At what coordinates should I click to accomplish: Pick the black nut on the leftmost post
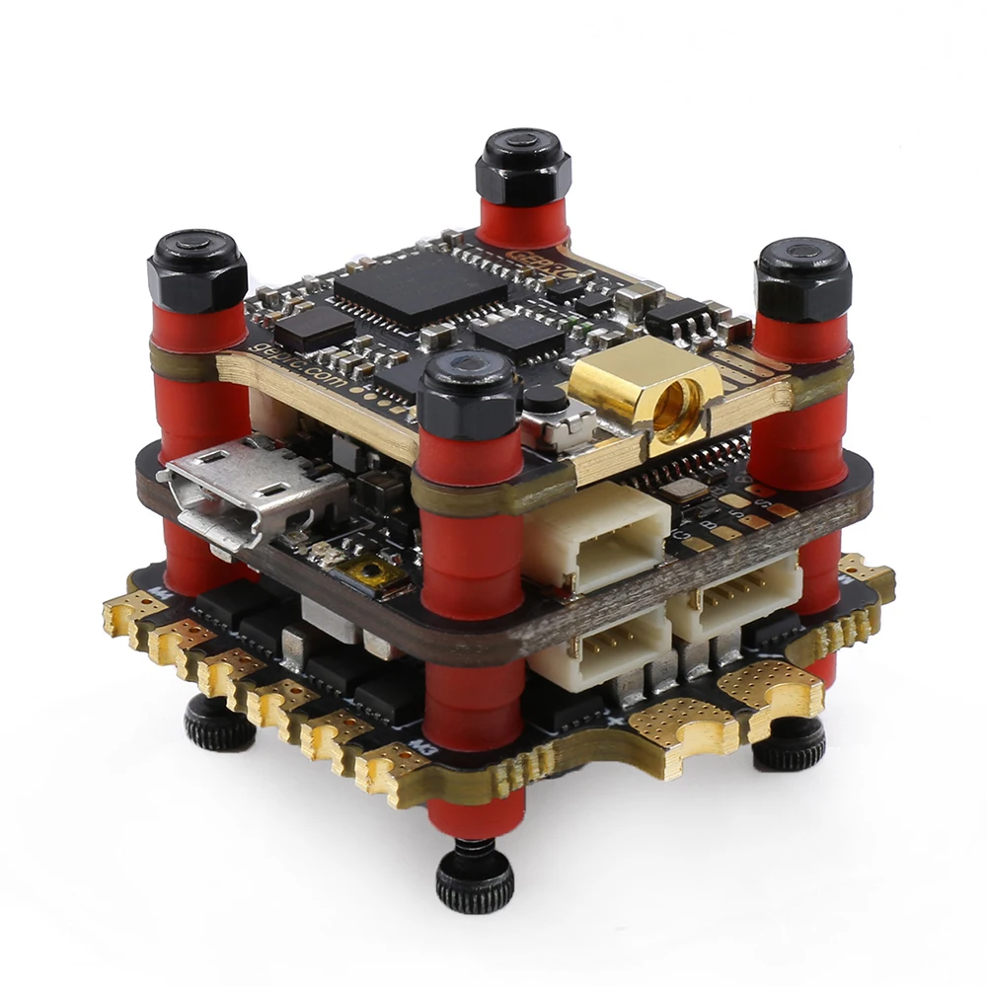click(x=196, y=269)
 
